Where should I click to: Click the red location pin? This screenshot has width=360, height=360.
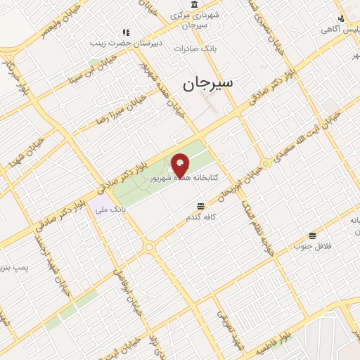point(180,165)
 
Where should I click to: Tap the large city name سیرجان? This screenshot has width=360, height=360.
point(208,84)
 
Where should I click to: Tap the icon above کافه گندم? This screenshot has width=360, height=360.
point(201,206)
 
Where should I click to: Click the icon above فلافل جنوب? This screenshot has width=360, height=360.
point(312,235)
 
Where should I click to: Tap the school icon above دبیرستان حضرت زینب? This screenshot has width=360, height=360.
point(127,32)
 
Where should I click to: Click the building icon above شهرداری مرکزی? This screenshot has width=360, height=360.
point(194,4)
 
